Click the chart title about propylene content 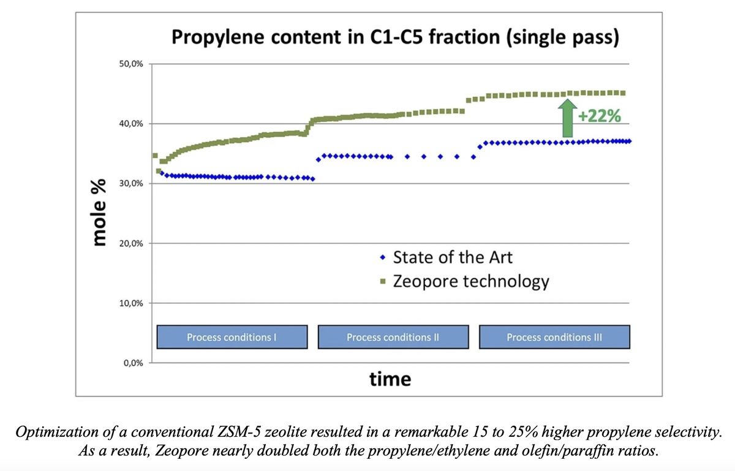[396, 37]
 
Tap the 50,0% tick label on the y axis [131, 64]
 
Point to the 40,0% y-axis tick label [131, 124]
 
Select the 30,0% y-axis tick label [131, 184]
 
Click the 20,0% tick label [131, 244]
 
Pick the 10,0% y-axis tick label [131, 303]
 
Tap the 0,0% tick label [134, 363]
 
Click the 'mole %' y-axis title [99, 213]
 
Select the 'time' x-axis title [390, 379]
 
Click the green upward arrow [567, 118]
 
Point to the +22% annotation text [600, 116]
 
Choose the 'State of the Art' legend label [453, 257]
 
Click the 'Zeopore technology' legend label [471, 282]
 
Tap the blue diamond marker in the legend [383, 258]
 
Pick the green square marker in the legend [383, 281]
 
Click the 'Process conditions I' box [232, 337]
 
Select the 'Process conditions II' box [393, 337]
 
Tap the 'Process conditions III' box [554, 337]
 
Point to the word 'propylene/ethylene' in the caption [429, 451]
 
